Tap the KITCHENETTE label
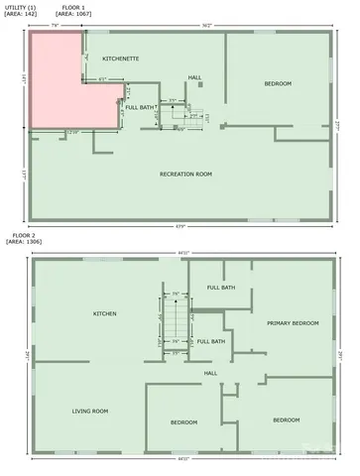tap(120, 59)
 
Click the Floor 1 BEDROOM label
tap(278, 83)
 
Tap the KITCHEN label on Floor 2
tap(105, 313)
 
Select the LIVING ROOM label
tap(89, 411)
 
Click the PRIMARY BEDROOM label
tap(293, 323)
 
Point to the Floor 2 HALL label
tap(210, 373)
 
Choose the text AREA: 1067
tap(78, 15)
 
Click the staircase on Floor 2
tap(176, 322)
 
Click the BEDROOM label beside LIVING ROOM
tap(183, 421)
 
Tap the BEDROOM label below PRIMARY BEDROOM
tap(287, 419)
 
